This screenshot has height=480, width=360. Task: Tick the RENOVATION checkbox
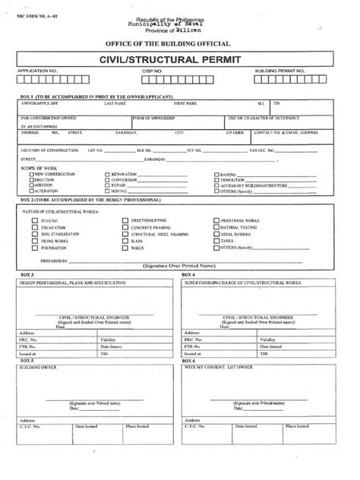106,174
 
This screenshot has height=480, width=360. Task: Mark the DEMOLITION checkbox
216,179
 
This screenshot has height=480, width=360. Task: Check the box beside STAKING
34,220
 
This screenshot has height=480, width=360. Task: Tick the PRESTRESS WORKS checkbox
215,220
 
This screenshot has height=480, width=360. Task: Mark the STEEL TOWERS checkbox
215,234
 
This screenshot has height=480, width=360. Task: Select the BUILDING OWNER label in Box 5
37,365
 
